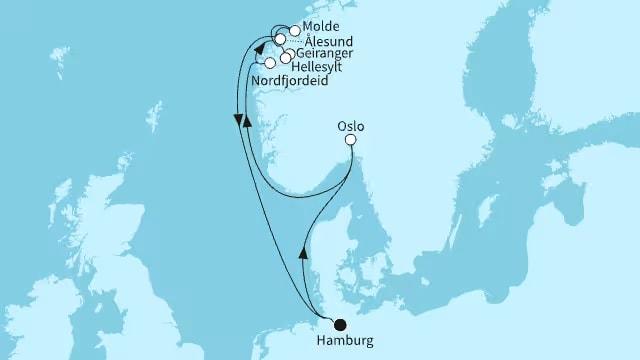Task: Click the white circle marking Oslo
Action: pos(351,141)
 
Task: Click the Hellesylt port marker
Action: pos(285,59)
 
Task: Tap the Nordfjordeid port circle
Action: pos(270,63)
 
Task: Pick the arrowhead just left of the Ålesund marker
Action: pos(259,47)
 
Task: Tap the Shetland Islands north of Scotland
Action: pos(158,108)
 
